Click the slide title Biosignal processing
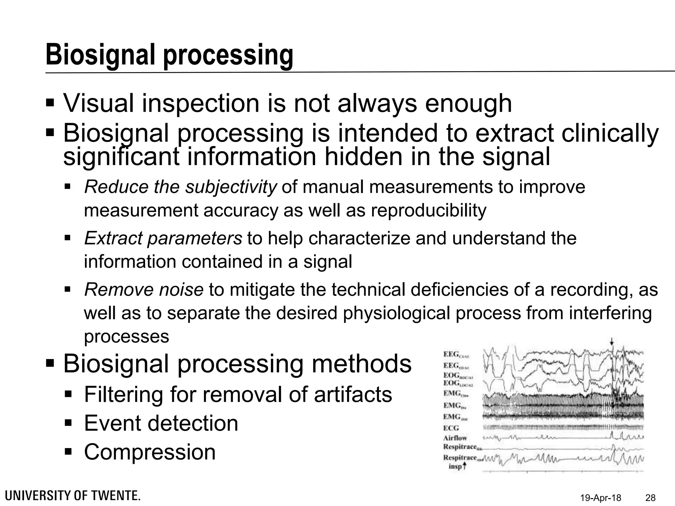pos(169,55)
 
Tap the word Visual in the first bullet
pos(98,103)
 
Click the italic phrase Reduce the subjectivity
pos(180,187)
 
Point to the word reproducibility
pos(428,211)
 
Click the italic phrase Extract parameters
pos(163,239)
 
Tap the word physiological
pos(396,313)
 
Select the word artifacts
pos(353,394)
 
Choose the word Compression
pos(150,452)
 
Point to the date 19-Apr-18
pos(601,498)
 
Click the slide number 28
pos(650,498)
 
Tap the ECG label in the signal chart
pos(451,428)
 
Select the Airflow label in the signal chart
pos(455,438)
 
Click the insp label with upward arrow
pos(457,466)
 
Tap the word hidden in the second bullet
pos(363,157)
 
